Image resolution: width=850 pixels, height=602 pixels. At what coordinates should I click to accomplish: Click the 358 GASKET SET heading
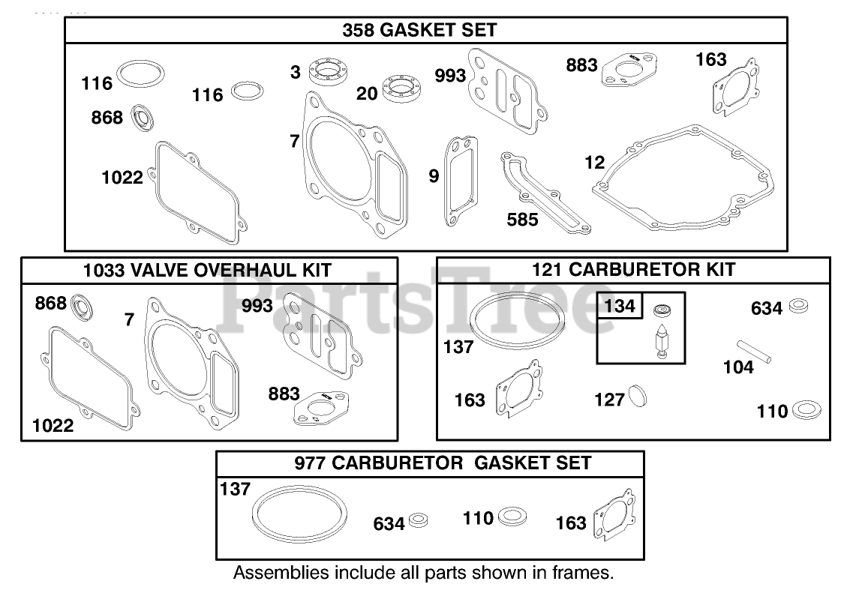[419, 31]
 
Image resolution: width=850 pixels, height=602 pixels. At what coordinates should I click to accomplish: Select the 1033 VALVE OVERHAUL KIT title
[207, 271]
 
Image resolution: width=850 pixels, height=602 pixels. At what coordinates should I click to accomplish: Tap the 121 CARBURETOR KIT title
[633, 270]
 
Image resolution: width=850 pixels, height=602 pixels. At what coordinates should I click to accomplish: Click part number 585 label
[522, 220]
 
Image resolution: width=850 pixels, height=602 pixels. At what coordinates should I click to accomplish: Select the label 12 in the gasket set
[594, 162]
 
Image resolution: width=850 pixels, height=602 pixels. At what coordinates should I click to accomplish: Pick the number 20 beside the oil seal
[367, 93]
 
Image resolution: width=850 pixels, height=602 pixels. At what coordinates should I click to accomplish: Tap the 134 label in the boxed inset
[619, 306]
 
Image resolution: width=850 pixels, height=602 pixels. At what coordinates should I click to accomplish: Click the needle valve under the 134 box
[662, 343]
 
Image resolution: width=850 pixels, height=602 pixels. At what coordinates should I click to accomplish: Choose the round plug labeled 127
[636, 397]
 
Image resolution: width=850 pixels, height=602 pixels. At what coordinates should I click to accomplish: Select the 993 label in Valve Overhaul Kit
[257, 305]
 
